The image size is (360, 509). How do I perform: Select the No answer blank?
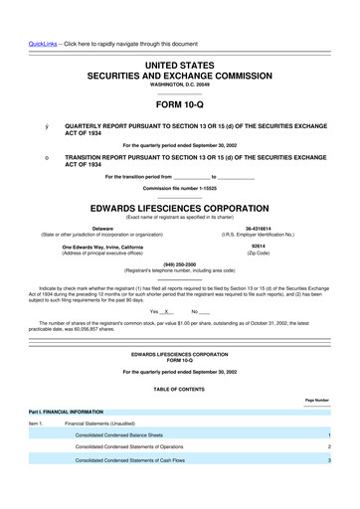pos(199,311)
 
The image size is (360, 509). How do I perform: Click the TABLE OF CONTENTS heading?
pos(180,387)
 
